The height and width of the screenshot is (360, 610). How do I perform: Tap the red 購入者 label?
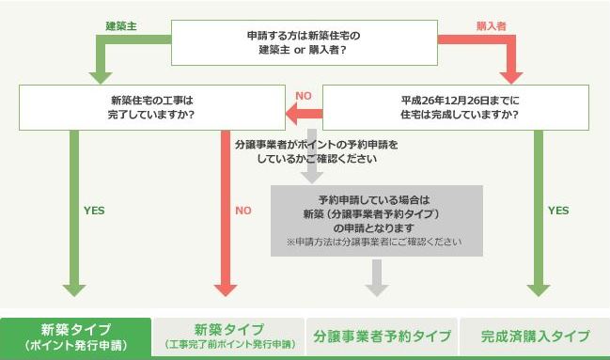[x=492, y=26]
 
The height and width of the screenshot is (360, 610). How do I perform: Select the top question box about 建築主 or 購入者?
[x=305, y=42]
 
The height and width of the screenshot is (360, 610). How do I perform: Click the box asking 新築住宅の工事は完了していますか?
[x=152, y=106]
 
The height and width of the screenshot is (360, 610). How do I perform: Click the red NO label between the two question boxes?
[x=304, y=96]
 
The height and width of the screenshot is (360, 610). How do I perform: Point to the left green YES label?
[x=94, y=211]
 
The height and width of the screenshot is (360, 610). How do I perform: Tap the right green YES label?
[x=557, y=211]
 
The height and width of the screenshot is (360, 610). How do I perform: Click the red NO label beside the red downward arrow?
[x=243, y=211]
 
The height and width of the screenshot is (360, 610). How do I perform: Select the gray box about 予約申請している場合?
[x=376, y=220]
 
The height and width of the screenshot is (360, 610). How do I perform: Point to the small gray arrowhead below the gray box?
[x=376, y=278]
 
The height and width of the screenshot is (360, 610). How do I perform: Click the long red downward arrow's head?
[x=224, y=286]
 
